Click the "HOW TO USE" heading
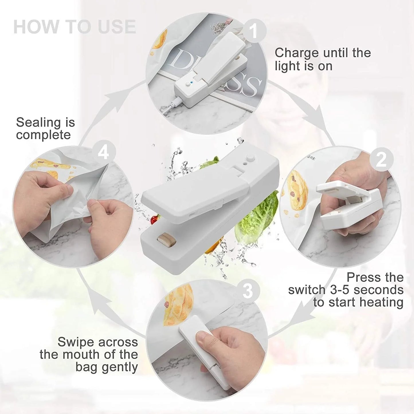(74, 27)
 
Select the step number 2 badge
(381, 160)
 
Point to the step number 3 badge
(248, 291)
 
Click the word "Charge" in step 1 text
(297, 53)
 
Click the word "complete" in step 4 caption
(43, 135)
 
